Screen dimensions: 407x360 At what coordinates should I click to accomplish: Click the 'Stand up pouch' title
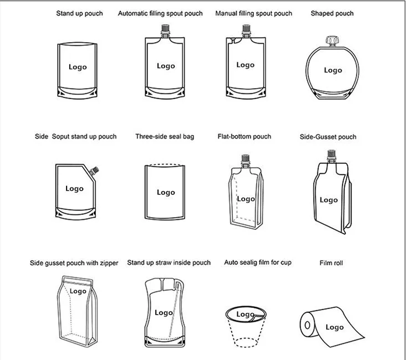(79, 13)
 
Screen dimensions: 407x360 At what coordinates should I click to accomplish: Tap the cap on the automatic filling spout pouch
(165, 28)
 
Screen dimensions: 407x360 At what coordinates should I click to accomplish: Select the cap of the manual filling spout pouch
(246, 28)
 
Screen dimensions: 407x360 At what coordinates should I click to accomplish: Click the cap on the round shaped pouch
(331, 40)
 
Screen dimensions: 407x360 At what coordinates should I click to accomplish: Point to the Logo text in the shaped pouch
(333, 70)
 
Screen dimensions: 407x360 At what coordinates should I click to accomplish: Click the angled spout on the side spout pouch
(94, 171)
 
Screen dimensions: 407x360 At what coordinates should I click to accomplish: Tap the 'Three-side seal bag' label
(165, 137)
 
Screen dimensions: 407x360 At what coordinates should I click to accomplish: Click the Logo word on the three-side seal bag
(166, 192)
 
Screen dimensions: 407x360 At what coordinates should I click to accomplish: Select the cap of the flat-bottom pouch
(245, 158)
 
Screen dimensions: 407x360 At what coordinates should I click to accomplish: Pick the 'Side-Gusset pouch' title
(328, 137)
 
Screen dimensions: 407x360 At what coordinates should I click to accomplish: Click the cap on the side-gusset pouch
(331, 153)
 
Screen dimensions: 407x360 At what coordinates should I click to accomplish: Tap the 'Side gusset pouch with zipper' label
(74, 263)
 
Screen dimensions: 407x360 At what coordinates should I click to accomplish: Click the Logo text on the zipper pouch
(78, 291)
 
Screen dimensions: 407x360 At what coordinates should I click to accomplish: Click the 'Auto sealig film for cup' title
(258, 263)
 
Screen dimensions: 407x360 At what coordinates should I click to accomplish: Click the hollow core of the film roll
(307, 325)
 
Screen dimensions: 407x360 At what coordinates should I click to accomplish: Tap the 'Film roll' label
(331, 263)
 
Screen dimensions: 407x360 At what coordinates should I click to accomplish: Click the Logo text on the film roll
(334, 327)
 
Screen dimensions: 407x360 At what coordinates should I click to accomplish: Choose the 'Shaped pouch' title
(332, 13)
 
